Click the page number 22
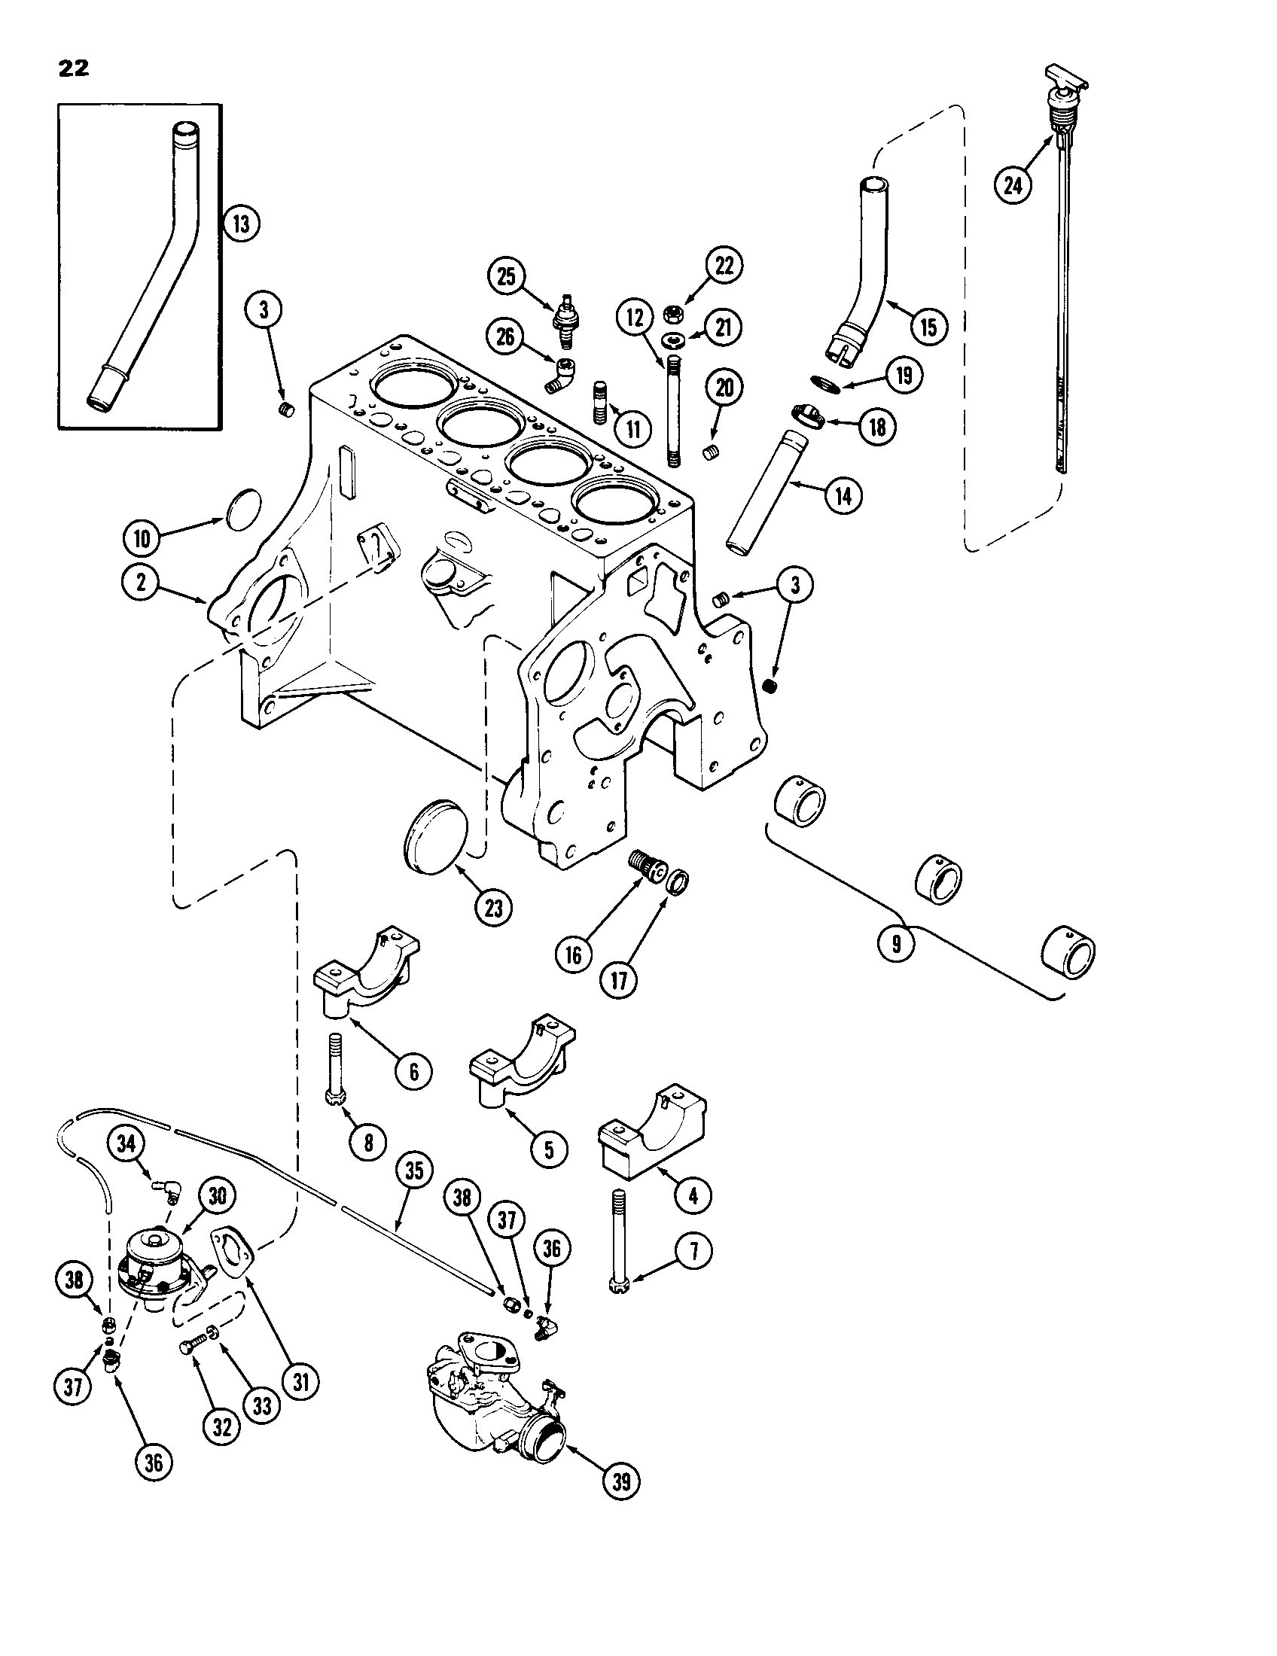pyautogui.click(x=73, y=68)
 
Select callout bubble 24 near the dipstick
pyautogui.click(x=1014, y=184)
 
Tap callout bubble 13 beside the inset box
pyautogui.click(x=241, y=224)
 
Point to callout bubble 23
pyautogui.click(x=494, y=909)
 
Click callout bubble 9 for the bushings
pyautogui.click(x=897, y=944)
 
